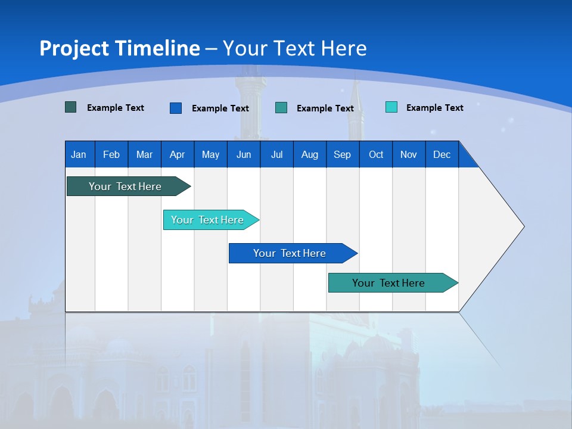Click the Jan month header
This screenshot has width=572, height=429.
pyautogui.click(x=79, y=154)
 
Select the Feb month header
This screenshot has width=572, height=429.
pyautogui.click(x=111, y=154)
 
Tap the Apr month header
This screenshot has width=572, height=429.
pyautogui.click(x=177, y=154)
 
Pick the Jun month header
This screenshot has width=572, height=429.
pyautogui.click(x=244, y=154)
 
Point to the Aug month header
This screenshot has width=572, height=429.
pyautogui.click(x=310, y=154)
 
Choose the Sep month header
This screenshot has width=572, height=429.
pyautogui.click(x=343, y=154)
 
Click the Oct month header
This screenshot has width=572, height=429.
pyautogui.click(x=376, y=154)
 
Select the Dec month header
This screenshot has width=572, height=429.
pyautogui.click(x=442, y=154)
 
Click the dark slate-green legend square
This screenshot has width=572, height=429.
pyautogui.click(x=70, y=107)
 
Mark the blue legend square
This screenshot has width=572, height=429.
pyautogui.click(x=176, y=108)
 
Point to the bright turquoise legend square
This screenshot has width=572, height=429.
pyautogui.click(x=391, y=107)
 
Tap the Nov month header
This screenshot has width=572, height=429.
pyautogui.click(x=409, y=154)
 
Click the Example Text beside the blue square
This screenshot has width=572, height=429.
pyautogui.click(x=220, y=108)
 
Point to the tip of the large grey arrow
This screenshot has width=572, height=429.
pyautogui.click(x=523, y=226)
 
